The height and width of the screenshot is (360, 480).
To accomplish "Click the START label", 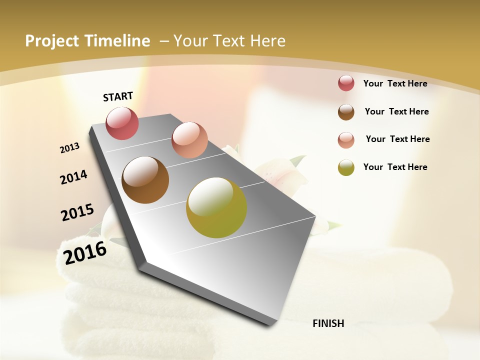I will coord(118,96).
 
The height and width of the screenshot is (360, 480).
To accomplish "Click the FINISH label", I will coord(328,323).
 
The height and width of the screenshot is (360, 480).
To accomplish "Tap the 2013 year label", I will coord(70,148).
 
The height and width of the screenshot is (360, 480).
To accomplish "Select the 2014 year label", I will coord(74,177).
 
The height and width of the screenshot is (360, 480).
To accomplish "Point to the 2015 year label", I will coord(77,212).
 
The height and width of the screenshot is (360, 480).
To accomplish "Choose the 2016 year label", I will coord(85,252).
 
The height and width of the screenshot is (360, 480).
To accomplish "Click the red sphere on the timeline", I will coord(122,123).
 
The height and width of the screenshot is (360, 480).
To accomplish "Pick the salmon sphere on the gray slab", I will coord(189,140).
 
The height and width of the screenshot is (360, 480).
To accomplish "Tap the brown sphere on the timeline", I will coord(145,180).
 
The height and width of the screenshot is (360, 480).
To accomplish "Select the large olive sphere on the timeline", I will coord(216,207).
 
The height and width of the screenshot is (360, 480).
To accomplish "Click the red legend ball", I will coord(346,83).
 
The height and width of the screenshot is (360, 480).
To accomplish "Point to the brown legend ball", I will coord(346,112).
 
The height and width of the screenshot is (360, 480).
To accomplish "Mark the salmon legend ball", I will coord(346,139).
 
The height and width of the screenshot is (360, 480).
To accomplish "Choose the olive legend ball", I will coord(346,167).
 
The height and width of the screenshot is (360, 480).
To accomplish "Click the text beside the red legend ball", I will coord(395,83).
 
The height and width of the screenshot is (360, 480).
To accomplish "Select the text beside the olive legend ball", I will coord(395,167).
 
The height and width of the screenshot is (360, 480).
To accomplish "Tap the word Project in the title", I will coord(51,41).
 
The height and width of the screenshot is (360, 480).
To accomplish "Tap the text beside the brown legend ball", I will coord(396,111).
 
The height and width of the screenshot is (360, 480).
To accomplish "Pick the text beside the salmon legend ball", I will coord(397,139).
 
